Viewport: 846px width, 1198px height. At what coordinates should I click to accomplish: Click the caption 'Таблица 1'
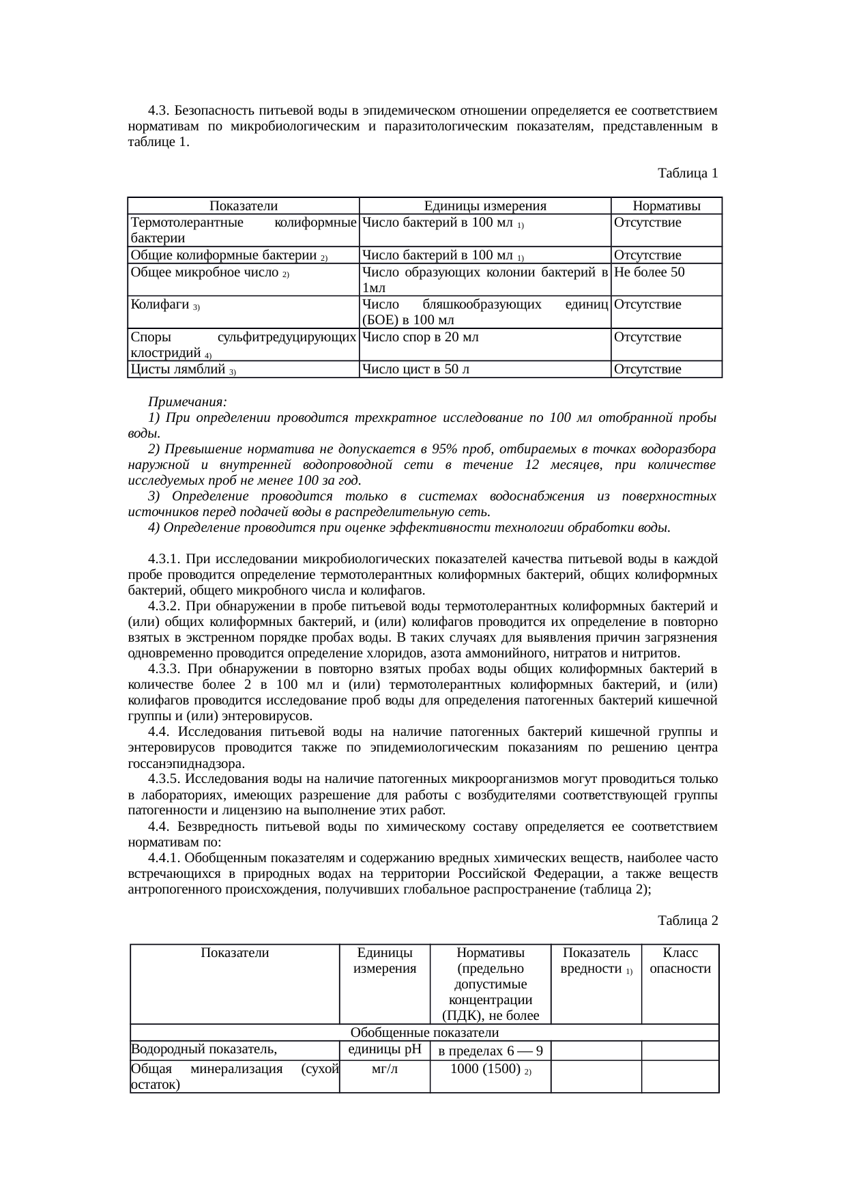tap(687, 173)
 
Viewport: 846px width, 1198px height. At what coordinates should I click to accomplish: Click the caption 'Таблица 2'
tap(687, 921)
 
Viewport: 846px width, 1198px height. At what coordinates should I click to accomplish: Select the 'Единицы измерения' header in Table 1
tap(485, 206)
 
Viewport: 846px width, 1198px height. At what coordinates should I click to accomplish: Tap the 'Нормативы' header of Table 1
tap(666, 206)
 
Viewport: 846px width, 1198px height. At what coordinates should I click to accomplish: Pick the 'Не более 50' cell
tap(648, 272)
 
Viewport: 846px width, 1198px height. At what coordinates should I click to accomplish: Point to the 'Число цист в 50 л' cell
tap(415, 370)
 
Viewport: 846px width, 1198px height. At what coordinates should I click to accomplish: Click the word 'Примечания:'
tap(188, 401)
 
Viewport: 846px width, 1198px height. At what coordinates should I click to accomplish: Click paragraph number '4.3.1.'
tap(166, 560)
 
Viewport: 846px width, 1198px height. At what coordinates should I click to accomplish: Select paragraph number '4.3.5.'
tap(166, 780)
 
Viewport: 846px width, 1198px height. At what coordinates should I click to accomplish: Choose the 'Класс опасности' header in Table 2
tap(680, 960)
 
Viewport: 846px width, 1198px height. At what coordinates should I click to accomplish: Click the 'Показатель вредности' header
tap(596, 960)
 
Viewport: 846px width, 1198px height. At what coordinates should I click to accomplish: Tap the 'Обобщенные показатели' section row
tap(424, 1033)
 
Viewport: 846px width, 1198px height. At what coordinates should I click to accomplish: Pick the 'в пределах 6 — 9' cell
tap(490, 1051)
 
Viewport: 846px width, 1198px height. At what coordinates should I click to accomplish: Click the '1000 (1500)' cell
tap(490, 1069)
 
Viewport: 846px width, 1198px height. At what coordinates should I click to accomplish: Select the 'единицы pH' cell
tap(385, 1050)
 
